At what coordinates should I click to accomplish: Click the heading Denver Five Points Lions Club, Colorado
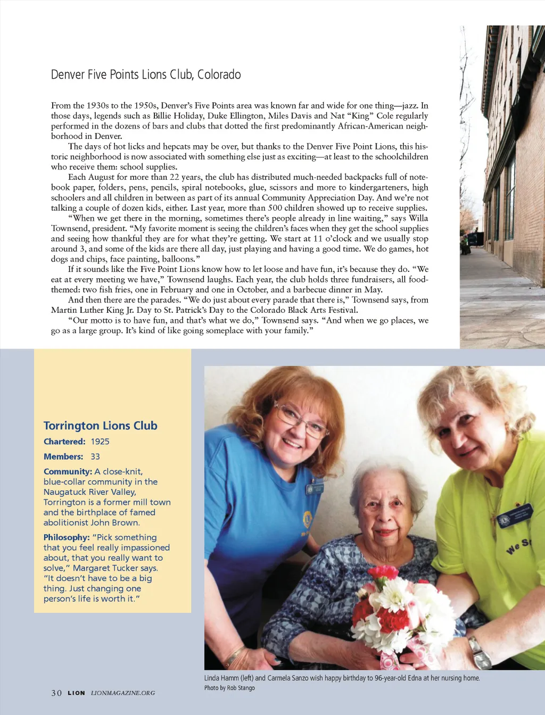coord(146,74)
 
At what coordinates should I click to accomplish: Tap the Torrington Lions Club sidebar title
coord(100,426)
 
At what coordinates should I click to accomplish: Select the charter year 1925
coord(100,442)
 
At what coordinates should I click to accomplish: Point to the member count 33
coord(95,456)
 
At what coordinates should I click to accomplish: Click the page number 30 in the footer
coord(56,693)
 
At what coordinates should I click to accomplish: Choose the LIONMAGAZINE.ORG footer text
coord(123,693)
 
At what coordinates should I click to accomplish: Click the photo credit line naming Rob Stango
coord(229,688)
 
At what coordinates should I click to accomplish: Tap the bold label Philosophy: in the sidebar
coord(67,537)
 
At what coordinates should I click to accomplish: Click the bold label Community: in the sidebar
coord(68,471)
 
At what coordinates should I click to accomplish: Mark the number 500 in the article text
coord(275,208)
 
